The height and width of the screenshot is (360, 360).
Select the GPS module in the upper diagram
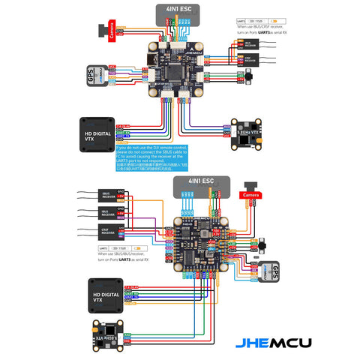coord(90,75)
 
